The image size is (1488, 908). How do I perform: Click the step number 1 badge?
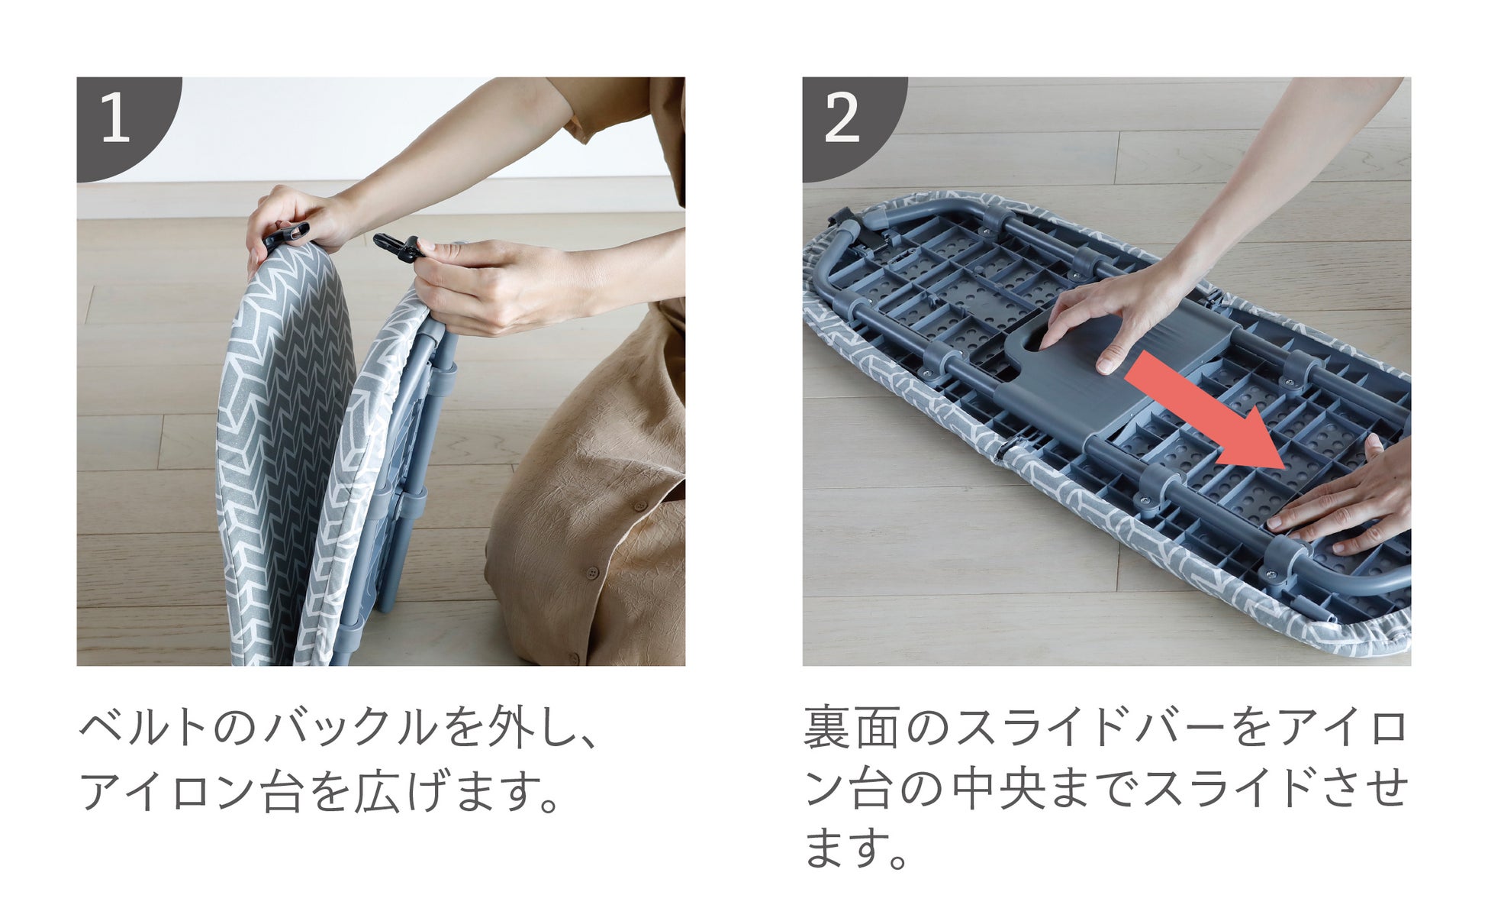(122, 122)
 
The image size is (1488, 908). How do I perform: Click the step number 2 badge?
(847, 122)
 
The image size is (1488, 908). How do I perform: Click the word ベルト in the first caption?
(142, 728)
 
